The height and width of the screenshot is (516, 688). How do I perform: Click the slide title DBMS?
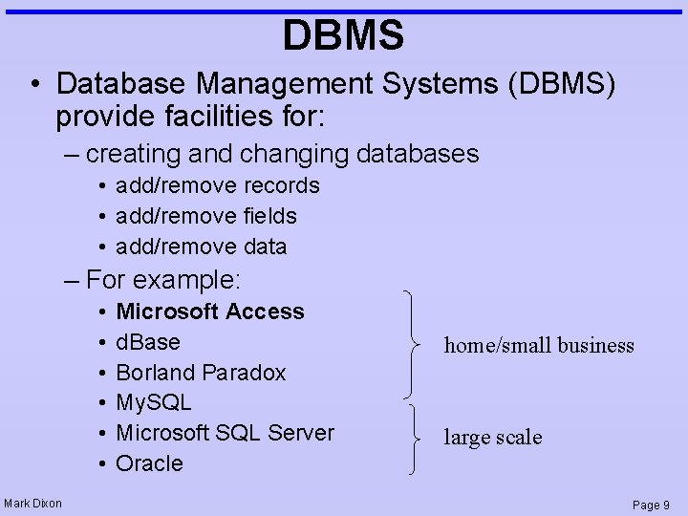pyautogui.click(x=343, y=35)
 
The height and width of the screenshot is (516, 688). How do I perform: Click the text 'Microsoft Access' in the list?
pyautogui.click(x=209, y=312)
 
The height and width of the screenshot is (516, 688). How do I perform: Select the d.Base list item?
pyautogui.click(x=147, y=342)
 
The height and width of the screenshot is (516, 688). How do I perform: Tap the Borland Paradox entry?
pyautogui.click(x=200, y=373)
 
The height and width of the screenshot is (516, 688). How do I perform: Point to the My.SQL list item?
pyautogui.click(x=153, y=402)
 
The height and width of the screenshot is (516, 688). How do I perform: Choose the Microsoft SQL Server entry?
pyautogui.click(x=225, y=433)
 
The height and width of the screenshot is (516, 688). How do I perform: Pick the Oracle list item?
pyautogui.click(x=148, y=463)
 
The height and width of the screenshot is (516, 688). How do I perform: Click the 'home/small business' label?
pyautogui.click(x=539, y=346)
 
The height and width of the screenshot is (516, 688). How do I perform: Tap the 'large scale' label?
pyautogui.click(x=492, y=438)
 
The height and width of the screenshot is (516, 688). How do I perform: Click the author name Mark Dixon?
pyautogui.click(x=32, y=504)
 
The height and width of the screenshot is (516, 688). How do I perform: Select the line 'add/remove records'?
pyautogui.click(x=217, y=185)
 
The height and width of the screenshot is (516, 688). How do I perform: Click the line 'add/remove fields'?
pyautogui.click(x=205, y=216)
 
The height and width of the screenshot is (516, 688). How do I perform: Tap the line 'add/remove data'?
pyautogui.click(x=201, y=247)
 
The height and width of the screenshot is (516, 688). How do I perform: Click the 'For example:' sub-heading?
pyautogui.click(x=163, y=280)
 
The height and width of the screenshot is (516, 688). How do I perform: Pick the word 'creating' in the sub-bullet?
pyautogui.click(x=131, y=154)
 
